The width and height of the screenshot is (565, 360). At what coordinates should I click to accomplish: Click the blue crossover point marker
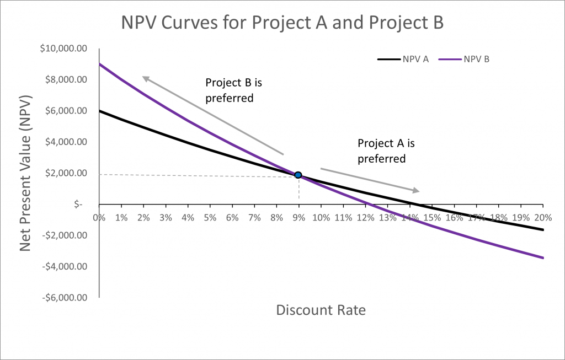298,175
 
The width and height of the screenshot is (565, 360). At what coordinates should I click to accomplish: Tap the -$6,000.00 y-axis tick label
65,298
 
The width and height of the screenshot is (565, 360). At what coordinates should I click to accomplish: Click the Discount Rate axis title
321,310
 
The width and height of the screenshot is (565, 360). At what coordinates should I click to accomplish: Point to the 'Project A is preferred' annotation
386,151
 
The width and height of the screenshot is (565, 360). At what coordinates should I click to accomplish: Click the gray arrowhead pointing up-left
145,78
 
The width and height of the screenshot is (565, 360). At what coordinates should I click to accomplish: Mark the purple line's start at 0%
100,64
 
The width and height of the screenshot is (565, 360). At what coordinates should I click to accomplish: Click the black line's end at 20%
543,230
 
